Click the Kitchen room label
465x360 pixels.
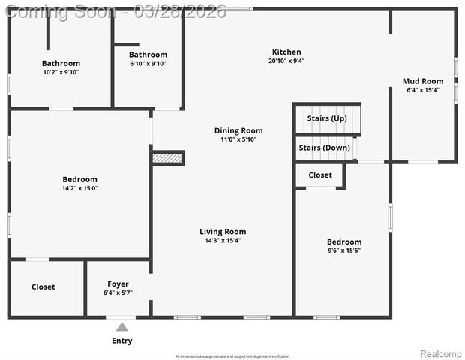(286, 52)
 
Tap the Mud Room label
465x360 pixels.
(422, 81)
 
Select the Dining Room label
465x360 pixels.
(238, 130)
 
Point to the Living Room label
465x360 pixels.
(223, 232)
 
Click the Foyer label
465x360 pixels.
(118, 284)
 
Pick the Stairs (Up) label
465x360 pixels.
(327, 118)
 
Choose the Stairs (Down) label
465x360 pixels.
(324, 148)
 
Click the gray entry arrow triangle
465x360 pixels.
(121, 326)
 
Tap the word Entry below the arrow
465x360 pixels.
(121, 340)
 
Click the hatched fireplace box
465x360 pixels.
(167, 158)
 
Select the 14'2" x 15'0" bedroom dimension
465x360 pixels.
(79, 188)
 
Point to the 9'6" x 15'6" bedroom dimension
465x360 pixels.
(343, 250)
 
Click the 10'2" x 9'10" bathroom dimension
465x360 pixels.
(61, 72)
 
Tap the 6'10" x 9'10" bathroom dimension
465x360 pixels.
(148, 63)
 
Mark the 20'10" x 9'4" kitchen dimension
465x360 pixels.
(286, 61)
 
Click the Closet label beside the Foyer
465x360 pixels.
(43, 286)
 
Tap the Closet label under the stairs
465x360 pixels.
(320, 175)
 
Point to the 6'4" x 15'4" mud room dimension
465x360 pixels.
(422, 89)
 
